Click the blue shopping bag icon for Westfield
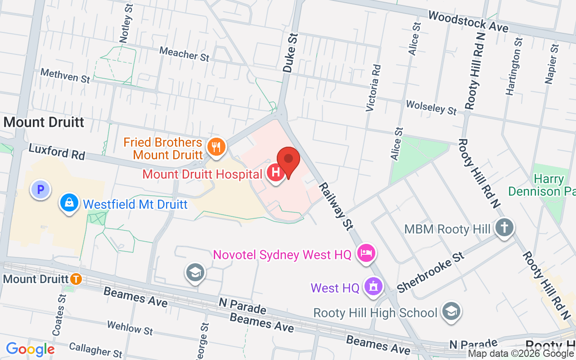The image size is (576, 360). click(69, 204)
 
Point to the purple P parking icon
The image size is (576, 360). click(40, 190)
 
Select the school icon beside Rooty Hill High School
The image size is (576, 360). click(450, 312)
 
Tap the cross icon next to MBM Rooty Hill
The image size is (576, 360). click(504, 228)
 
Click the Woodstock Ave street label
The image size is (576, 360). click(468, 22)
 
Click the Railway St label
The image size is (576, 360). click(336, 207)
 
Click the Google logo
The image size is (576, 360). click(30, 349)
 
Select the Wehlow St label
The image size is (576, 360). click(130, 328)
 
